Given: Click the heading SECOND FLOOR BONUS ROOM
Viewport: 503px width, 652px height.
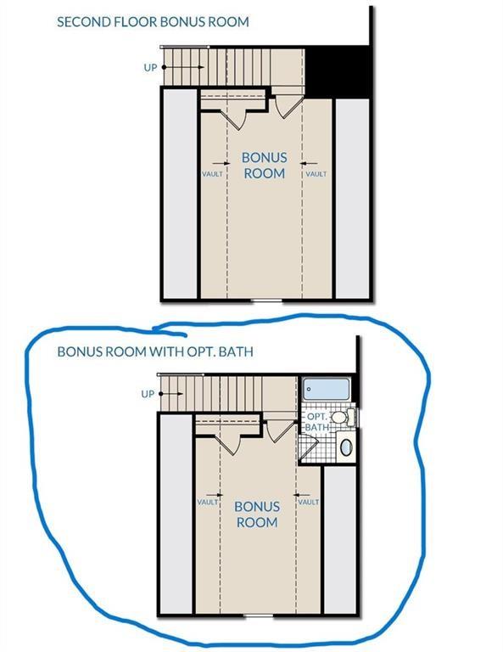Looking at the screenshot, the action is pos(153,21).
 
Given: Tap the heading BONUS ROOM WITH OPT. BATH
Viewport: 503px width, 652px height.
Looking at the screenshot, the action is pos(155,351).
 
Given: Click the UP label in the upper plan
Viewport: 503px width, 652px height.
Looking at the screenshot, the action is pos(150,67).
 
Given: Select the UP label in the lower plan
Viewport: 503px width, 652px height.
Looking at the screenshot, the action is pos(148,394).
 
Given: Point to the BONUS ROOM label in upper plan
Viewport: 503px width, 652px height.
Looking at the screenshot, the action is pos(264,165).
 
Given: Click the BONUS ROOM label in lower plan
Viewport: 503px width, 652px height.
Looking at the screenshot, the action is pos(257,514).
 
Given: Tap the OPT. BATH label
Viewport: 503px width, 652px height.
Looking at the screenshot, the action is pos(318,422).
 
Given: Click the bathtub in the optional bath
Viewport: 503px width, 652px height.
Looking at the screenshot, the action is pos(326,389).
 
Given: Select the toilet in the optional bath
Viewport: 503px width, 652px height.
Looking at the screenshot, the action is pos(344,417).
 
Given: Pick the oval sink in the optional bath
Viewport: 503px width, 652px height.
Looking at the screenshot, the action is pos(346,447).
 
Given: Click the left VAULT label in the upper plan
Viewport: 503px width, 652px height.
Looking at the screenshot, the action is pos(212,174).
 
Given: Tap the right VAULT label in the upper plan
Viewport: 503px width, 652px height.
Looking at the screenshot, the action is pos(316,174).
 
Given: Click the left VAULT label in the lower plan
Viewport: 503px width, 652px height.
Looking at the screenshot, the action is pos(208,503).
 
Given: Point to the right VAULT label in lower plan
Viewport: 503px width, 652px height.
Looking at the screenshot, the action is pos(309,503).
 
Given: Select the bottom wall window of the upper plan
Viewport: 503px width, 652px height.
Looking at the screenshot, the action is pos(266,300).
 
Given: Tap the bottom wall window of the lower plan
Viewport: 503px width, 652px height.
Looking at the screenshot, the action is pos(259,615).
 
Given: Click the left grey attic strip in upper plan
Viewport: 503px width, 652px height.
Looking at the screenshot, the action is pos(180,194).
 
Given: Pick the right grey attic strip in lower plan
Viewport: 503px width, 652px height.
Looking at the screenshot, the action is pos(340,540).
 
